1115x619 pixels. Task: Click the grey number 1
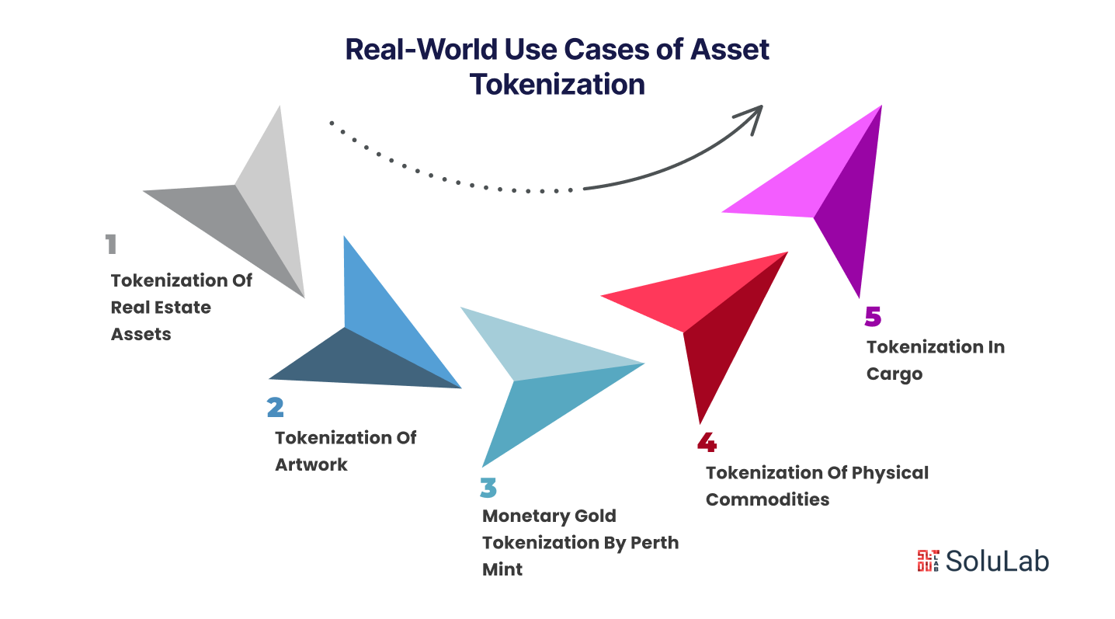[x=111, y=245]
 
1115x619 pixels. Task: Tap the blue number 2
[x=275, y=408]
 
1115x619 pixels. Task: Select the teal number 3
[x=488, y=488]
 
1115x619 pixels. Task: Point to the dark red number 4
[x=707, y=443]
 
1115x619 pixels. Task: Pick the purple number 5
[x=874, y=318]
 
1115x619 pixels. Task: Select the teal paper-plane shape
[x=536, y=373]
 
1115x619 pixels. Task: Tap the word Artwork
[x=311, y=464]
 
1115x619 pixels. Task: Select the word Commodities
[x=767, y=499]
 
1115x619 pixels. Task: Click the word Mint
[x=502, y=569]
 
